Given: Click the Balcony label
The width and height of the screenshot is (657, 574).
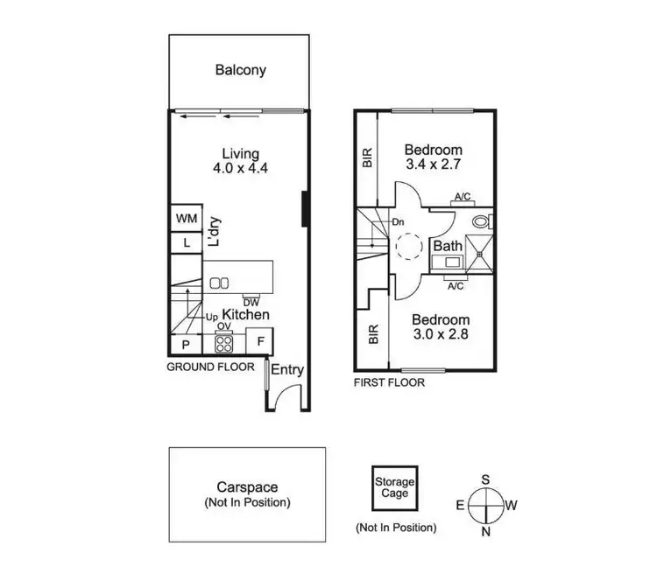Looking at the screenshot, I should point(240,70).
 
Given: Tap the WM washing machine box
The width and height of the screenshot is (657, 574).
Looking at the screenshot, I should point(186,218).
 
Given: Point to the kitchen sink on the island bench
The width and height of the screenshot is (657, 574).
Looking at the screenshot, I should point(219,283).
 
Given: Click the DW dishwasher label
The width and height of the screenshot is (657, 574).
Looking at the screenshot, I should point(251,303).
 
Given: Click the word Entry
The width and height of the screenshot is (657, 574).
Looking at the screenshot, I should point(286,370).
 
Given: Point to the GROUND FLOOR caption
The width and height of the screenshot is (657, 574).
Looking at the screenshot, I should point(210,367).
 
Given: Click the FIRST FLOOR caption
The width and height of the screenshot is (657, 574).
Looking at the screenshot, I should point(389,382).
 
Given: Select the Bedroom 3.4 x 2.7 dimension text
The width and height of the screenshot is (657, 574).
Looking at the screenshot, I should point(434,157).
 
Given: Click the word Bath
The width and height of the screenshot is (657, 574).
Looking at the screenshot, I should point(448,247).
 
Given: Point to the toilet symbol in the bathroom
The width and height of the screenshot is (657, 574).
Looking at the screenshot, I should point(481,220).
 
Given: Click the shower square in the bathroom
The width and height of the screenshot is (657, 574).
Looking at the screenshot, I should point(479,251).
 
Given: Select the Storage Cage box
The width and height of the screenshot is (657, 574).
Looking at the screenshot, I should point(395,487).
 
